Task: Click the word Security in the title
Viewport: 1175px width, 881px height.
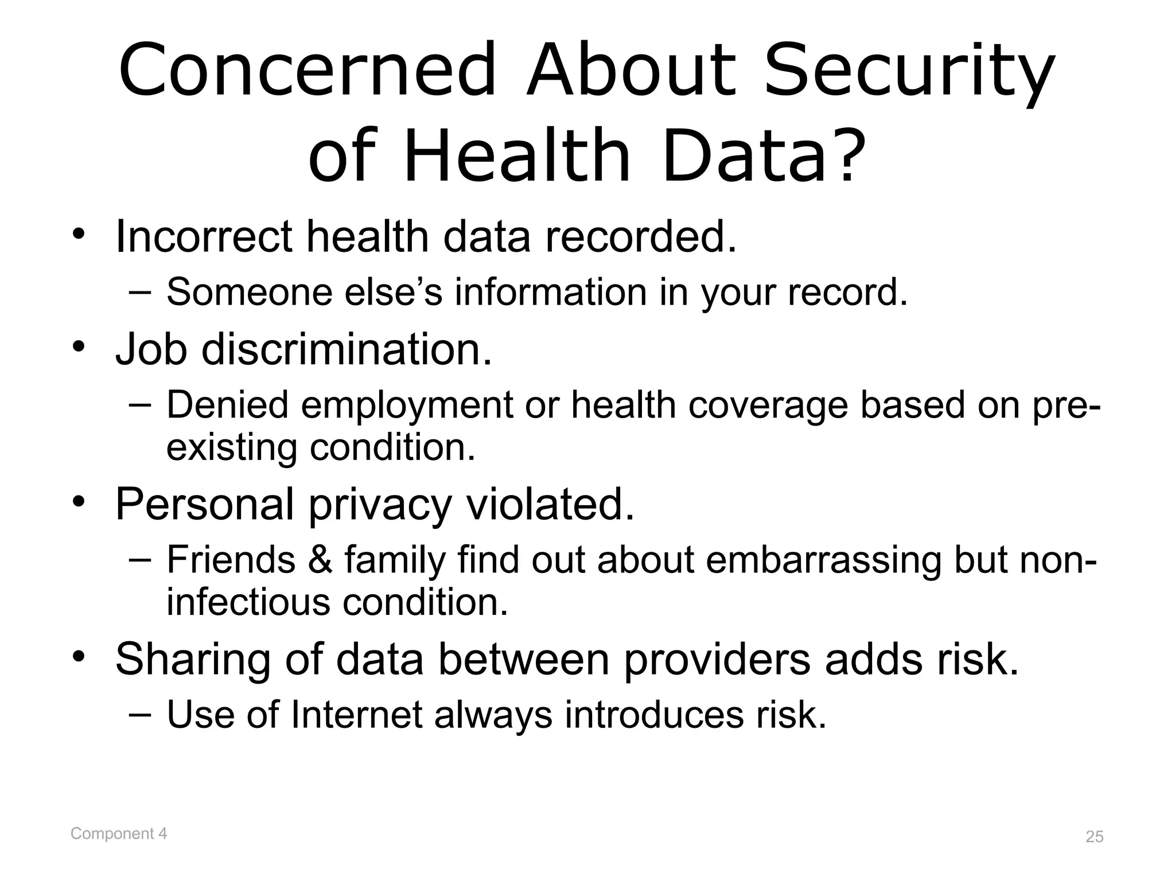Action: (909, 72)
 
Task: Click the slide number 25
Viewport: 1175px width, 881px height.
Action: (1095, 837)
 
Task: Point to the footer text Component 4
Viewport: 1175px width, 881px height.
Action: (119, 833)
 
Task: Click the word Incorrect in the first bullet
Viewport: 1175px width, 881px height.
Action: (203, 236)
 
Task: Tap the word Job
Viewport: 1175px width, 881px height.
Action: (151, 349)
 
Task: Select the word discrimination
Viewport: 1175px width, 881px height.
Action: (347, 349)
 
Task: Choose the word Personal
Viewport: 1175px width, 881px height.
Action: (204, 504)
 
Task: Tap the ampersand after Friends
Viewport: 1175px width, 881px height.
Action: (320, 559)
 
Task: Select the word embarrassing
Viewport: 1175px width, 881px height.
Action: (823, 560)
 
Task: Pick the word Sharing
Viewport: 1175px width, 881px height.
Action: (193, 660)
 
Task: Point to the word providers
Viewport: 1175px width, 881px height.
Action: (717, 660)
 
